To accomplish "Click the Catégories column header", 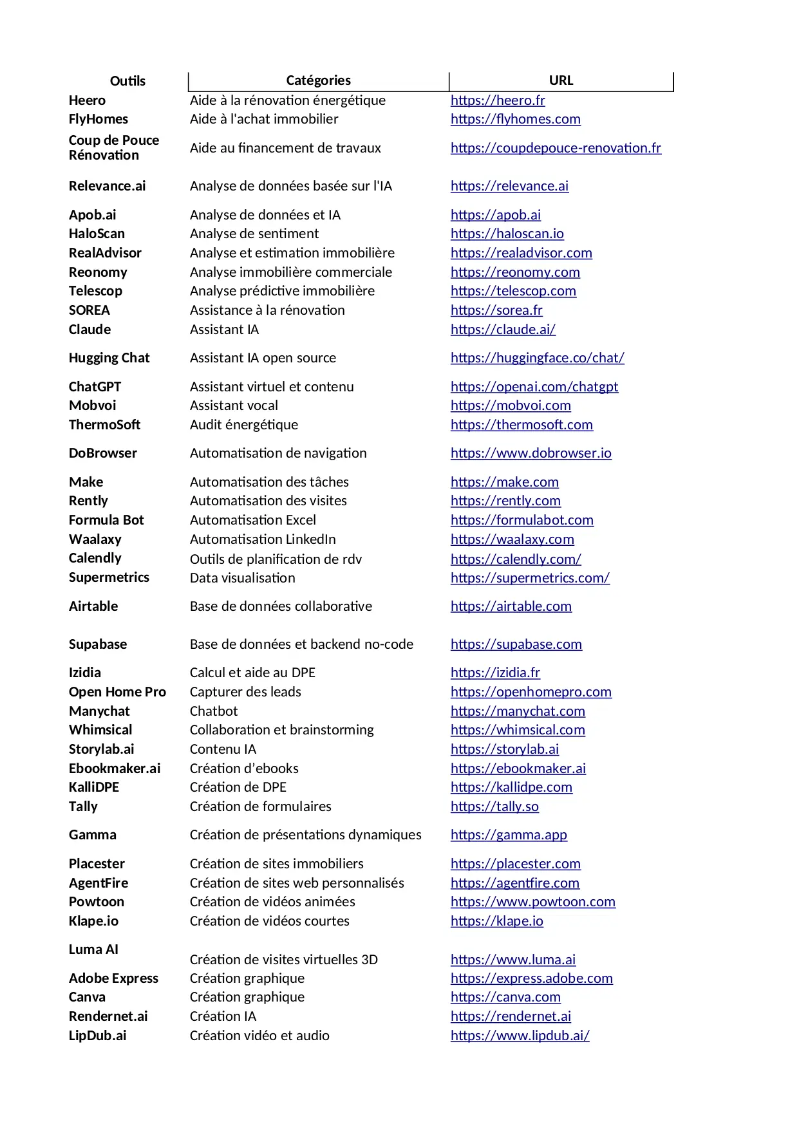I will coord(318,80).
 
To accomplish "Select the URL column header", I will coord(561,80).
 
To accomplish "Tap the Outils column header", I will coord(127,81).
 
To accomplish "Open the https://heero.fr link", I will coord(498,100).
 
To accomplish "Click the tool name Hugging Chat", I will coord(109,358).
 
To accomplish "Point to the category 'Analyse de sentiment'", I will coord(254,234).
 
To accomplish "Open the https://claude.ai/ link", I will coord(503,330).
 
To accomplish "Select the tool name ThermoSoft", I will coord(104,425).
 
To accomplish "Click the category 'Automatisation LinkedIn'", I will coord(263,539).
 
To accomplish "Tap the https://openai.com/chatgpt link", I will coord(534,387).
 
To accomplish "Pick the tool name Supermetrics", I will coord(109,577).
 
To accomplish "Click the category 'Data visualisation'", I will coord(243,578).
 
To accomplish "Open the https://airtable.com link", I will coord(511,606).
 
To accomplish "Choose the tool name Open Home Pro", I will coord(117,692).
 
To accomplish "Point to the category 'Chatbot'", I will coord(214,711).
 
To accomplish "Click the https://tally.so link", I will coord(494,807).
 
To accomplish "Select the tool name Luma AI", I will coord(93,949).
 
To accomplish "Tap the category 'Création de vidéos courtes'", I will coord(270,921).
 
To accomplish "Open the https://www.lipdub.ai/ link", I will coord(520,1036).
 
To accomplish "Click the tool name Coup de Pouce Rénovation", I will coord(114,147).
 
